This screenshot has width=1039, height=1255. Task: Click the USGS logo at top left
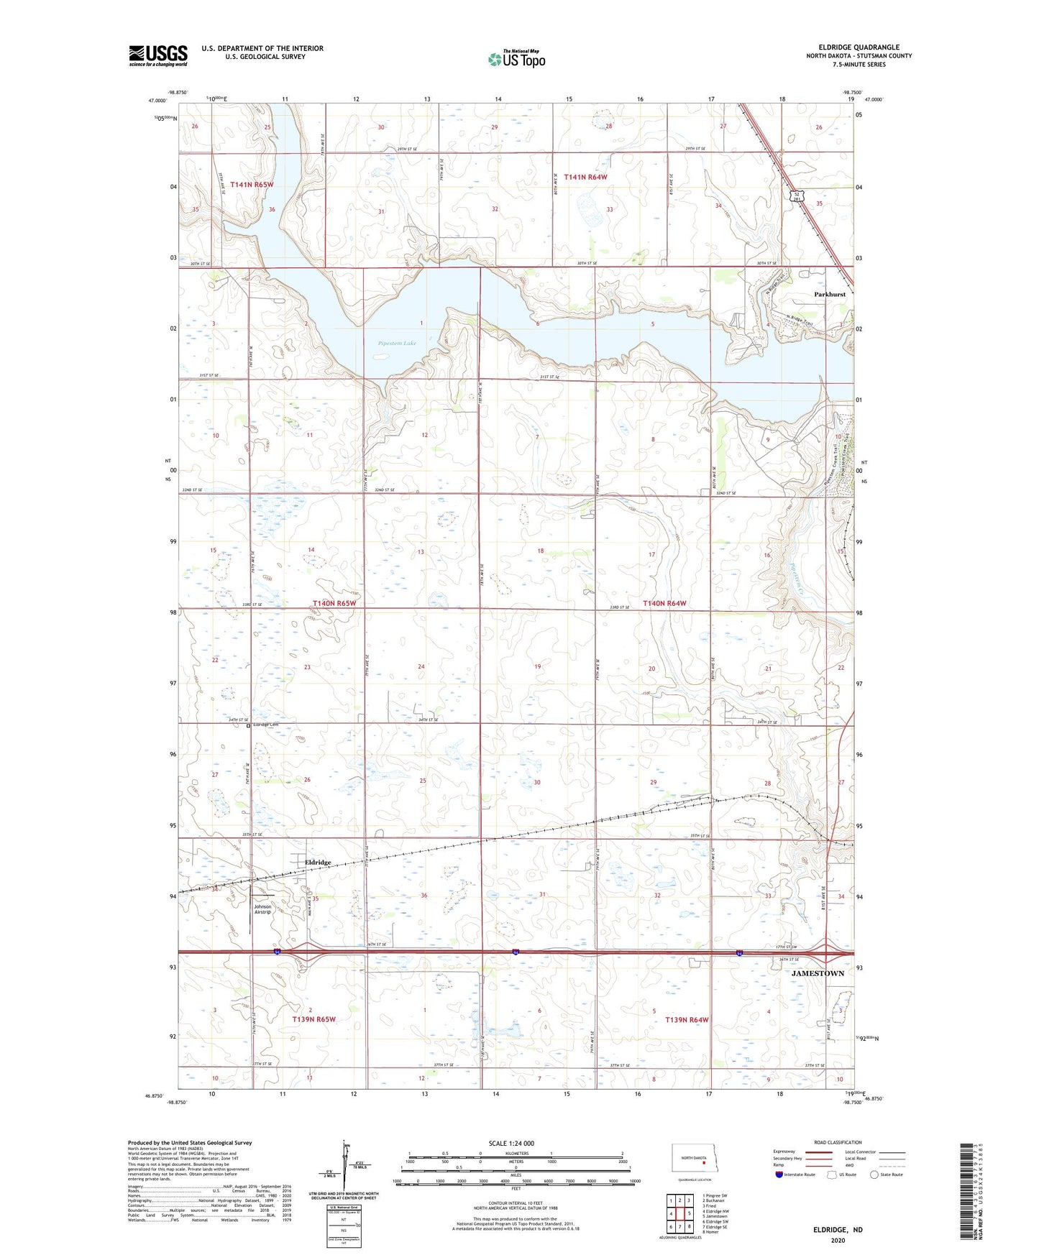(158, 55)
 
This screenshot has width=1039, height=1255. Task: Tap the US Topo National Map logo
(516, 59)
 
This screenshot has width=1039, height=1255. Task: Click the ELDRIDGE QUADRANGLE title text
(859, 47)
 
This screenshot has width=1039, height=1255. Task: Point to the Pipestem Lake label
(397, 344)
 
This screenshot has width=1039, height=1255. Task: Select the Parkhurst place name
(829, 295)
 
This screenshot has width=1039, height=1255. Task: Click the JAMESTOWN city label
(818, 973)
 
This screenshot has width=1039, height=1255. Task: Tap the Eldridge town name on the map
(318, 863)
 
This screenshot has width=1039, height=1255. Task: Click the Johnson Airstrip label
(262, 909)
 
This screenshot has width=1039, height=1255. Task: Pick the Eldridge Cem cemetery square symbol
(249, 726)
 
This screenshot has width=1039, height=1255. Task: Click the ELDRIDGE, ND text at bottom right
(838, 1230)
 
